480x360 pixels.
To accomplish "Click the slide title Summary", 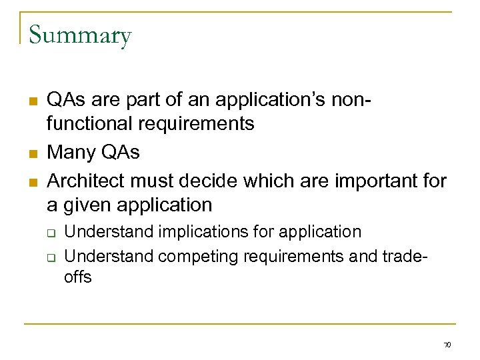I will pyautogui.click(x=80, y=35).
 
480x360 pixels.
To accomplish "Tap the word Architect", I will pyautogui.click(x=87, y=181).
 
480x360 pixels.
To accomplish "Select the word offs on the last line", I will pyautogui.click(x=77, y=276).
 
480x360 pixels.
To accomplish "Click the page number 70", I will pyautogui.click(x=447, y=345).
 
